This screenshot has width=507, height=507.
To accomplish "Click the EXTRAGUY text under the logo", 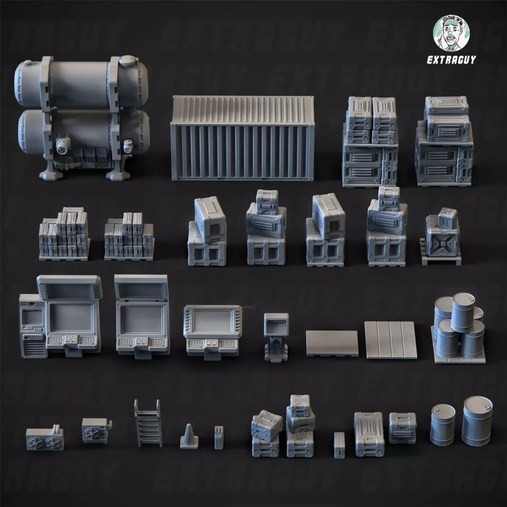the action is coord(451,60).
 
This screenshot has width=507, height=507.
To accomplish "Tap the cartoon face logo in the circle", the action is coord(451,33).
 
